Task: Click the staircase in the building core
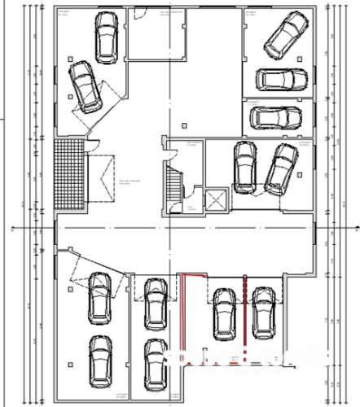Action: coord(173,186)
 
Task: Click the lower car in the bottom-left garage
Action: coord(99,363)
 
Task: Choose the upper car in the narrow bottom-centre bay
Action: coord(154,303)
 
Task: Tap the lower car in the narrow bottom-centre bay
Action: coord(155,363)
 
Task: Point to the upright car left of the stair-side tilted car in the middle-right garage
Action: coord(244,167)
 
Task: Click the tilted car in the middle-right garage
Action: coord(279,169)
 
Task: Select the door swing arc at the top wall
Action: coord(140,13)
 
